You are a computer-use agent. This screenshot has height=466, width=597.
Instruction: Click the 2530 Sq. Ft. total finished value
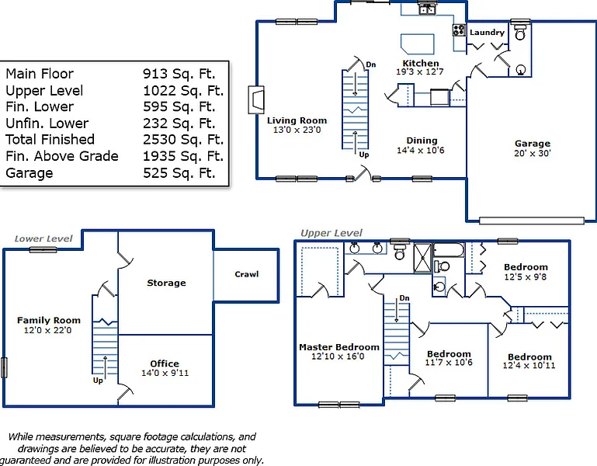point(183,140)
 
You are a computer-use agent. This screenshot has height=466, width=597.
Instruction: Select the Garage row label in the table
point(30,173)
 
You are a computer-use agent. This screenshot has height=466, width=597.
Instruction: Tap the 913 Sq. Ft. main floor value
point(179,74)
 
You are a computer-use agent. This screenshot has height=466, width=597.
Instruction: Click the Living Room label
point(297,120)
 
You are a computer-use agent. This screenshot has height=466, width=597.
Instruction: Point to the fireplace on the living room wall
point(256,100)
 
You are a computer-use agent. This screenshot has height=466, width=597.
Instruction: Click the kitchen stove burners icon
point(459,30)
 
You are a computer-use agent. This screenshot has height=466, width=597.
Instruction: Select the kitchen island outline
point(418,43)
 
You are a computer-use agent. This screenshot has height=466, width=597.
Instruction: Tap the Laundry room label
point(487,33)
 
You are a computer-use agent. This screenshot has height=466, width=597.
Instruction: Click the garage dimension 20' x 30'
point(533,153)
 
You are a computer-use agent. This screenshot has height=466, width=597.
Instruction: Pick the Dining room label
point(422,141)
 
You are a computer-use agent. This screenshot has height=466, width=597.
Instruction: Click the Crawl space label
point(246,274)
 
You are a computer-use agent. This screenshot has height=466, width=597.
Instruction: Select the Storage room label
point(166,283)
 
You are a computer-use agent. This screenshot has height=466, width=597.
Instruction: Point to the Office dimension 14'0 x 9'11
point(165,373)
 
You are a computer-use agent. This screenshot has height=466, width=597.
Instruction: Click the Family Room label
point(49,321)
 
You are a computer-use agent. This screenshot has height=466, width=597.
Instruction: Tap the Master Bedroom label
point(338,347)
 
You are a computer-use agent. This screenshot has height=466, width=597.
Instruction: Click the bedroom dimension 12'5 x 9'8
point(526,276)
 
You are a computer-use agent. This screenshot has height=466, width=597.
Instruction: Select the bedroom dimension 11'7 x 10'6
point(449,363)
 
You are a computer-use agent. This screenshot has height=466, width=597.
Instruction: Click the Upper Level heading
point(331,233)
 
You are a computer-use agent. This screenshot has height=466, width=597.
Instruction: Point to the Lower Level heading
point(43,238)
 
